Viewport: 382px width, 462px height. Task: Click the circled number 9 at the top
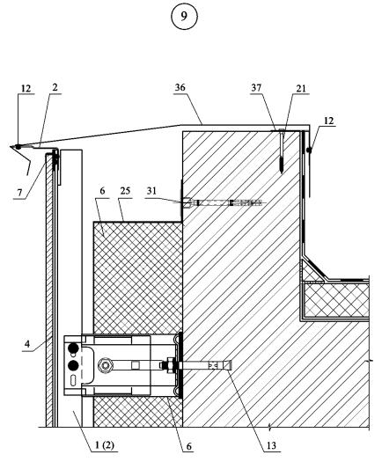tap(184, 17)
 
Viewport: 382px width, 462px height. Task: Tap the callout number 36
tap(180, 87)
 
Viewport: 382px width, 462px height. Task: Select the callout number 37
tap(256, 87)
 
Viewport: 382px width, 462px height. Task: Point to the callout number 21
tap(301, 88)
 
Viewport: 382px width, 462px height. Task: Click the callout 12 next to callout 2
tap(26, 88)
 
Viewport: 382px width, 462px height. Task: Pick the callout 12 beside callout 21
tap(328, 121)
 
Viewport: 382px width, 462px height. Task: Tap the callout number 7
tap(19, 193)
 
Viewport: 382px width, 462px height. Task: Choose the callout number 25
tap(125, 191)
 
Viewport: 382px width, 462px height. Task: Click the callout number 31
tap(151, 191)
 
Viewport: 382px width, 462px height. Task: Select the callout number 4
tap(27, 344)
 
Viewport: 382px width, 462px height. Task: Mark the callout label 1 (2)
tap(105, 445)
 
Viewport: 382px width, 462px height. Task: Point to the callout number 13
tap(271, 445)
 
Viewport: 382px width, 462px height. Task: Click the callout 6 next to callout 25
tap(102, 191)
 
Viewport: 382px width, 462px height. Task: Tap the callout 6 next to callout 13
tap(189, 446)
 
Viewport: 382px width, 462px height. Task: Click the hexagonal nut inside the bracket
tap(105, 365)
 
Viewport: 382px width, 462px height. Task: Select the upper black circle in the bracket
tap(73, 348)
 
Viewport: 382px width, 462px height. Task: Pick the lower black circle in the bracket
tap(73, 366)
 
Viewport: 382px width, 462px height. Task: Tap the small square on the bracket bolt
tap(135, 366)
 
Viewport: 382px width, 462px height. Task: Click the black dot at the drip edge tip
tap(18, 146)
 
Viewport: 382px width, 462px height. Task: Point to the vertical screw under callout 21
tap(282, 151)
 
